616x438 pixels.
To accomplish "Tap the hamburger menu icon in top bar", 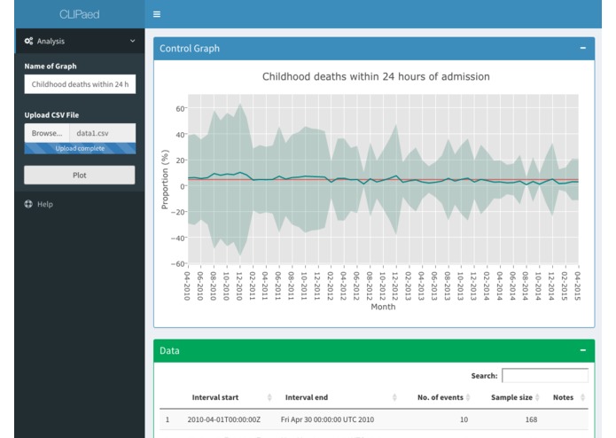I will click(157, 14).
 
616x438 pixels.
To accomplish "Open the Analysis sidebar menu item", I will click(79, 41).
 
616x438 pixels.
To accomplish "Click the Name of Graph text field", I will click(80, 84).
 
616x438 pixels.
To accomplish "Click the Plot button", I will click(80, 176).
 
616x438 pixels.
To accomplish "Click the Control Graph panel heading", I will click(190, 48).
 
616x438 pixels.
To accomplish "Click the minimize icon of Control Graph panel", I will click(582, 48).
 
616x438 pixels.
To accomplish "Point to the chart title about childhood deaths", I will click(376, 77).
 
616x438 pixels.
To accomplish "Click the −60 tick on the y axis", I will click(177, 263).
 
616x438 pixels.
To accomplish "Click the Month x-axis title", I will click(383, 307).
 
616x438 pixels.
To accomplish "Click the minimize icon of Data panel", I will click(582, 350).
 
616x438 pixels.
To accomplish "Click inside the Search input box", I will click(544, 376).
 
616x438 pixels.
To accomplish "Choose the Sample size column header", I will click(511, 397).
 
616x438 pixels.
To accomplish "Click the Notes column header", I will click(563, 397).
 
